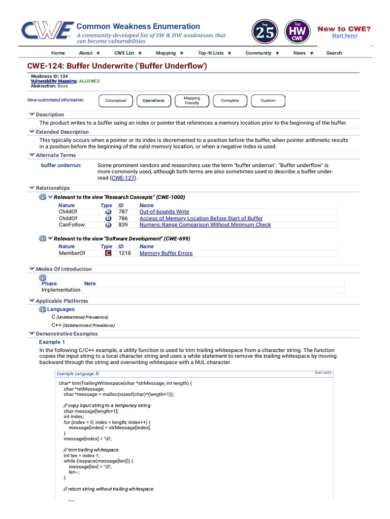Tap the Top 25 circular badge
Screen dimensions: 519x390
pos(265,31)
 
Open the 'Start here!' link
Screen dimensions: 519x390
pos(344,35)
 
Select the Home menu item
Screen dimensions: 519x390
pos(58,53)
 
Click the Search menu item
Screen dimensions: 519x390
pos(334,53)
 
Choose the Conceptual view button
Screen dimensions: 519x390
pos(115,100)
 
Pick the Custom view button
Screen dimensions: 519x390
pos(268,100)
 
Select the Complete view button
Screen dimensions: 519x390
pos(230,100)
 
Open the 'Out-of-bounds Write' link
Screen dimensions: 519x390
pos(164,211)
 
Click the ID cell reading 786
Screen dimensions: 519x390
pos(123,218)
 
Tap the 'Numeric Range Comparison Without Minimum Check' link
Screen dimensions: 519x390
pos(205,225)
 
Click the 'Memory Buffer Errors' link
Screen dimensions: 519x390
pos(166,253)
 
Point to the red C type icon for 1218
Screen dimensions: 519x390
pos(108,253)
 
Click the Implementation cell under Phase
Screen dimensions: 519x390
pos(61,290)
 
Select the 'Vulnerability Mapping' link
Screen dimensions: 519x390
pos(53,81)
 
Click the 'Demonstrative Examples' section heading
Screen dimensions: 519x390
pos(67,334)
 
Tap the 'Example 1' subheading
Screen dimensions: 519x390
pos(52,342)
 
